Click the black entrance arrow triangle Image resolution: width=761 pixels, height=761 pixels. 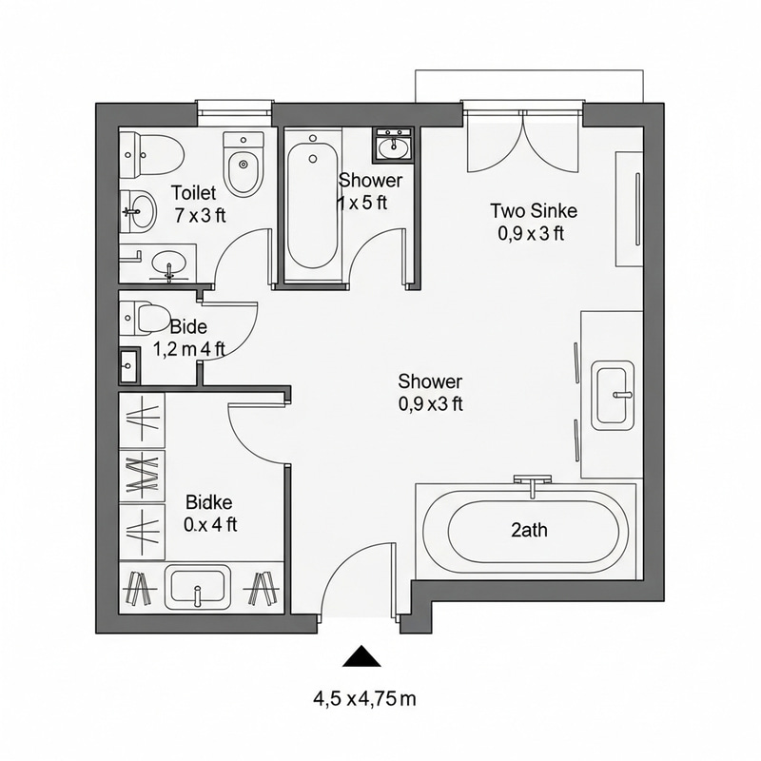click(x=361, y=656)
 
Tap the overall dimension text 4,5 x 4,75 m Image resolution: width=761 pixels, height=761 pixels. click(x=365, y=699)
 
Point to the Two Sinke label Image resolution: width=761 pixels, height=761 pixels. click(x=533, y=221)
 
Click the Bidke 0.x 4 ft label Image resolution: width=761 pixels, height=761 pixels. click(x=210, y=513)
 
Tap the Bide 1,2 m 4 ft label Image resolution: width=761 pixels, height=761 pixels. click(x=188, y=338)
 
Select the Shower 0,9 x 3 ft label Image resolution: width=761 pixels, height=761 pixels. click(x=430, y=393)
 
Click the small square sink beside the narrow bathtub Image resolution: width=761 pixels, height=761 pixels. click(x=392, y=146)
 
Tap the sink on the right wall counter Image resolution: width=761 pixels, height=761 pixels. click(x=613, y=394)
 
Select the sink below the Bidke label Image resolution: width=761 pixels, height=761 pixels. click(x=198, y=585)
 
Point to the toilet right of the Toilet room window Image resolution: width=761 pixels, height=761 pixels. click(x=243, y=164)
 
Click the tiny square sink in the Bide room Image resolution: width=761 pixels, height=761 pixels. click(x=129, y=364)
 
